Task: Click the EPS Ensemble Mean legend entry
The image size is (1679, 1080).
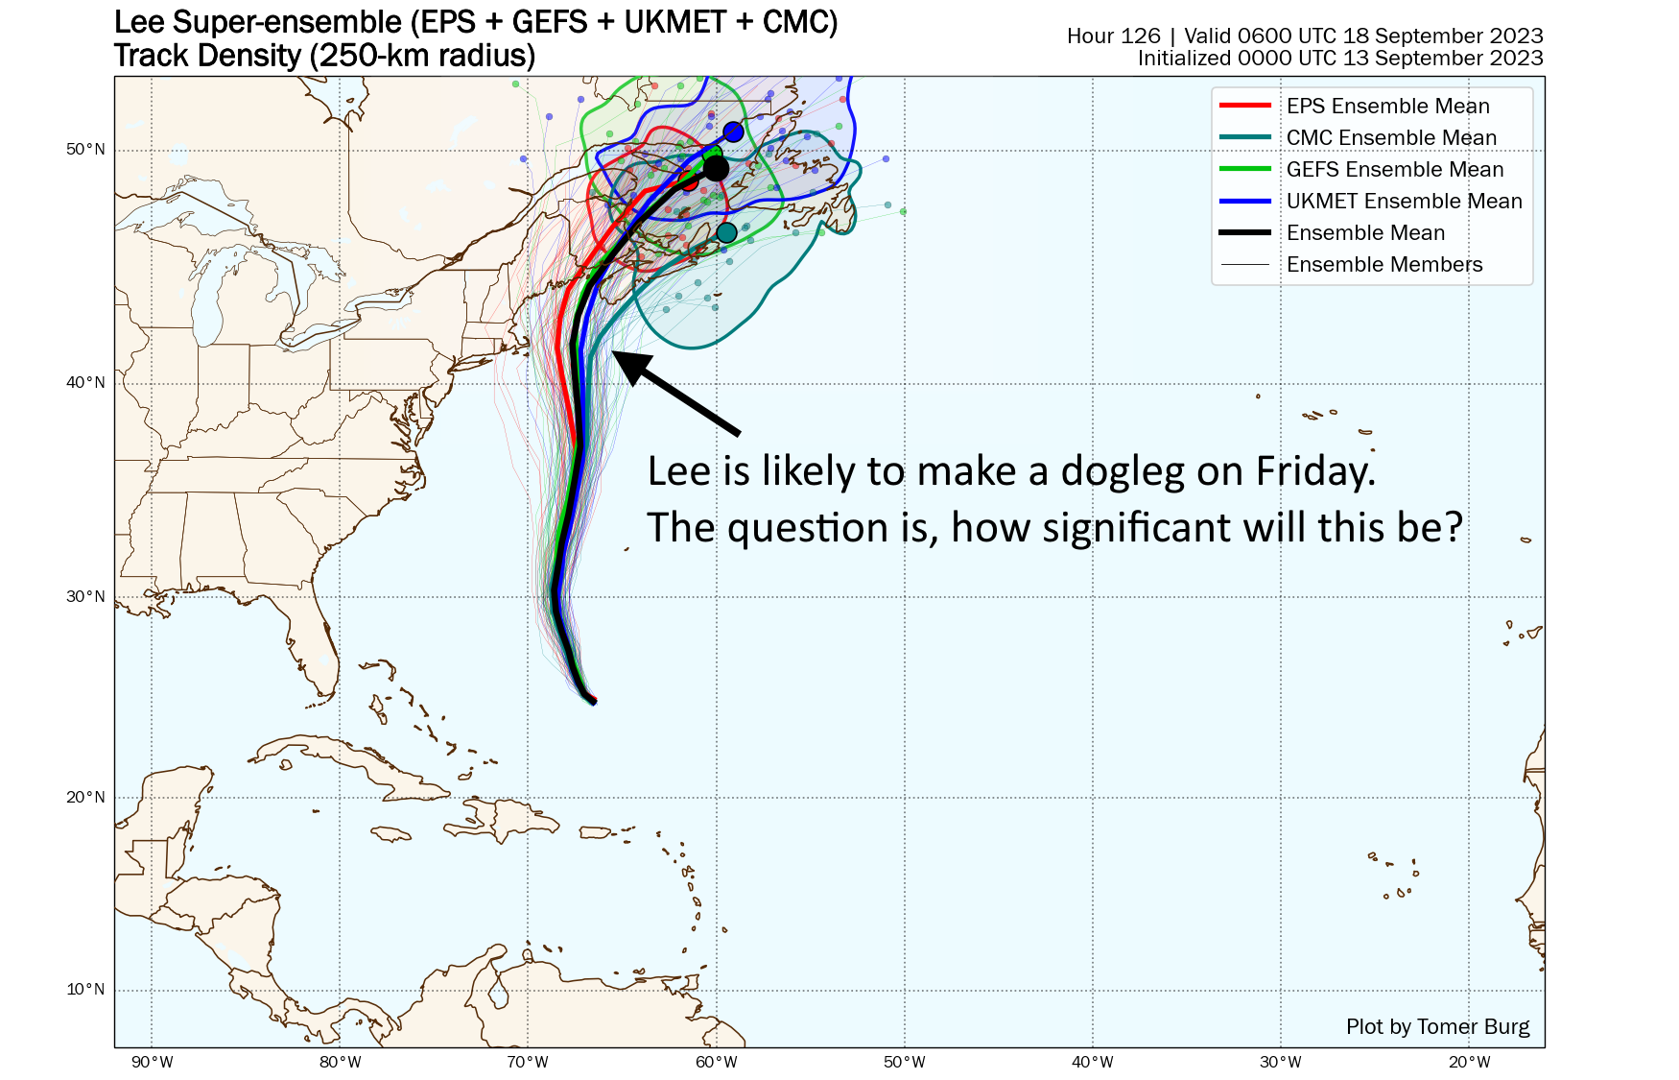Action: (1387, 107)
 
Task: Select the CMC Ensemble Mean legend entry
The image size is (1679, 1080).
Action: (1391, 138)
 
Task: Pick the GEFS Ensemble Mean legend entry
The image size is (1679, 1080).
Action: (1395, 170)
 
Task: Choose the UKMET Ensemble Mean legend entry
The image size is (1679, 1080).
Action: (1404, 202)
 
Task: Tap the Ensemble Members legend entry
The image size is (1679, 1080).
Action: (1383, 265)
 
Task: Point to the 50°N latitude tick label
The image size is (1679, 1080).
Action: (85, 150)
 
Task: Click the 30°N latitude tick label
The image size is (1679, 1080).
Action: (85, 597)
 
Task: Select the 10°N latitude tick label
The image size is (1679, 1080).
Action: (85, 990)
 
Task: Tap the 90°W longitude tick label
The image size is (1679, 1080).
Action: (152, 1062)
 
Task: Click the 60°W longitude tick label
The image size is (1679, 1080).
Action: (716, 1062)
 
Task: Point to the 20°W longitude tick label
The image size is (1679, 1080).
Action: (1469, 1062)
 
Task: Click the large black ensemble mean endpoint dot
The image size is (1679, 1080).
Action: (716, 169)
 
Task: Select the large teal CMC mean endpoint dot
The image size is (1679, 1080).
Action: (726, 232)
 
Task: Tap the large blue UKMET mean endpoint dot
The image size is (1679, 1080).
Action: (734, 132)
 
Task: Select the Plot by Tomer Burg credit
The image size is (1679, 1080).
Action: (1437, 1027)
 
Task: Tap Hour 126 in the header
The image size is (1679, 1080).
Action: (1113, 36)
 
